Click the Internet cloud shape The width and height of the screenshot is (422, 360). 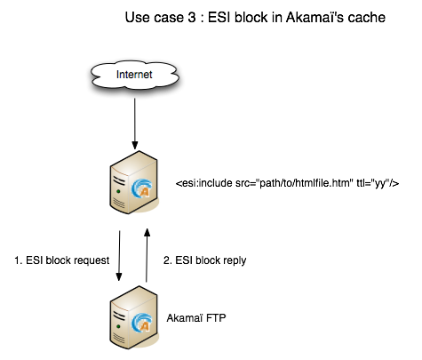tap(135, 75)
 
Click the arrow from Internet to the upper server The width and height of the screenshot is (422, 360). tap(135, 124)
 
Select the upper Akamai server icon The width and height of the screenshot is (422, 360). tap(134, 182)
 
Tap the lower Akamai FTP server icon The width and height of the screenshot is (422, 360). tap(134, 317)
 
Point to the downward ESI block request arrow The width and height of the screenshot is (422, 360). tap(119, 256)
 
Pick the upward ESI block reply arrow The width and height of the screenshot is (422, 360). tap(147, 255)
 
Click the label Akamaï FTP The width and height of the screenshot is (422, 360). tap(196, 318)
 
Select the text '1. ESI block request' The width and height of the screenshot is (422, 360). tap(62, 260)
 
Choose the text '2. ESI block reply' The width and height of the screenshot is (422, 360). tap(205, 260)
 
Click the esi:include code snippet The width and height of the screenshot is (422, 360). tap(287, 183)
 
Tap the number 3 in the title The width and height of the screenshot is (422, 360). tap(192, 18)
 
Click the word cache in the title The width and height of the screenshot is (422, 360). tap(367, 18)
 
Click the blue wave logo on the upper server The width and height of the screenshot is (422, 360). tap(141, 188)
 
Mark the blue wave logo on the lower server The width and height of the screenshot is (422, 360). tap(141, 323)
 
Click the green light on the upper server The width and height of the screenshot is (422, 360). tap(118, 191)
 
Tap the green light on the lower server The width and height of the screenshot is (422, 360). tap(118, 326)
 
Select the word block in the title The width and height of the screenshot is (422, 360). tap(251, 18)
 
